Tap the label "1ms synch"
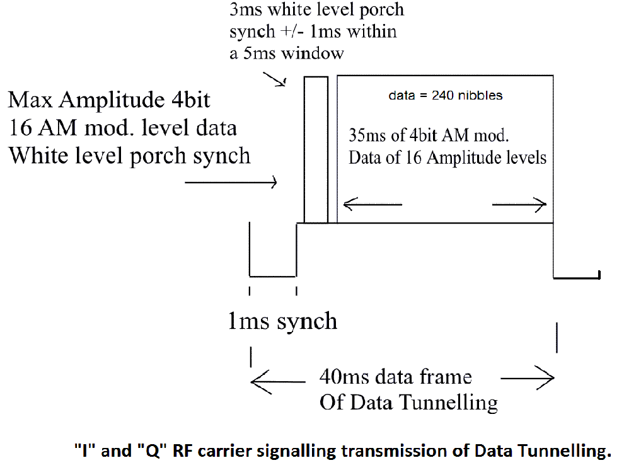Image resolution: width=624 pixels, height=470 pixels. (x=282, y=321)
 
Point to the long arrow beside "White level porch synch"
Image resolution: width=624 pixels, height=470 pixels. (x=231, y=183)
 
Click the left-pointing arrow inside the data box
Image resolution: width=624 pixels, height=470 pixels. (x=373, y=203)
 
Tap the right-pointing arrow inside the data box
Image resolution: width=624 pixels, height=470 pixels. (x=519, y=203)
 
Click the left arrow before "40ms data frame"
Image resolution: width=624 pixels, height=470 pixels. (x=278, y=380)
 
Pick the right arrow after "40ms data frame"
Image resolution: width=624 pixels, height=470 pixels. (x=528, y=378)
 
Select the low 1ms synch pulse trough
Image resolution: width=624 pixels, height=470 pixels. (x=273, y=275)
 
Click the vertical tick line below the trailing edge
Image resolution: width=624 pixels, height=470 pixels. (x=557, y=337)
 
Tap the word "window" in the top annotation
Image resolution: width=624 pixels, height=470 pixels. (x=313, y=53)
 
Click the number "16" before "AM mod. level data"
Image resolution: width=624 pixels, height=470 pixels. (x=21, y=128)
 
